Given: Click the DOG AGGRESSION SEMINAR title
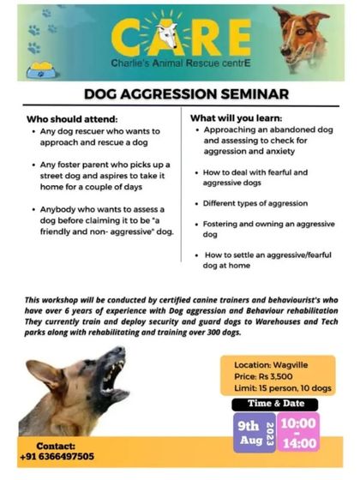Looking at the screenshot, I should (180, 93).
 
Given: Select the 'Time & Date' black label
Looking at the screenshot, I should (277, 403).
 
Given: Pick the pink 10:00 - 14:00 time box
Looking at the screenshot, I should (299, 432).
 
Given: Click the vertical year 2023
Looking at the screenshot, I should (269, 432).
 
